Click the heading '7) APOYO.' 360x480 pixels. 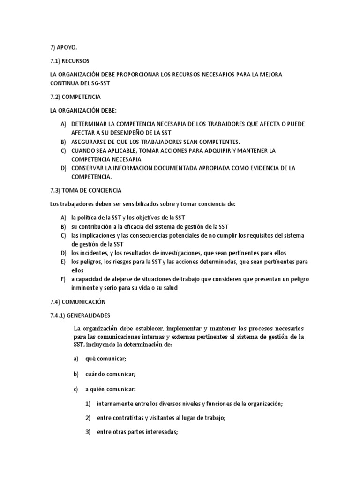(x=64, y=47)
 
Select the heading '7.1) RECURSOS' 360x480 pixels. (x=70, y=61)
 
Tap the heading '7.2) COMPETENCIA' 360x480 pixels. (x=75, y=97)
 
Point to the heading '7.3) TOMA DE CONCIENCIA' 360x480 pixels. (x=86, y=190)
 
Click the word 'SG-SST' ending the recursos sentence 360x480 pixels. (x=104, y=83)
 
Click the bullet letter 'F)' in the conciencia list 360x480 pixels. (x=63, y=279)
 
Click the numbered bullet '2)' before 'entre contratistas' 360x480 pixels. (x=88, y=418)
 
